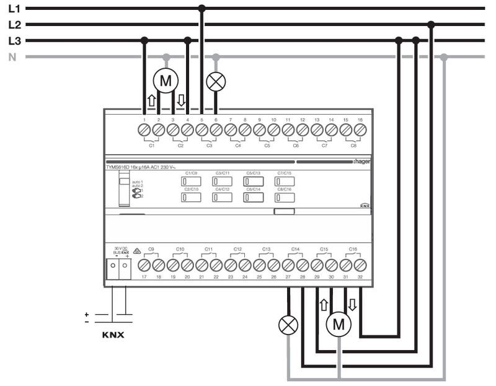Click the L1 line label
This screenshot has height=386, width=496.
(14, 9)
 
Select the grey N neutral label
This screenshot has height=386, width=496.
(12, 58)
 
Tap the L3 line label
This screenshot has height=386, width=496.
(14, 42)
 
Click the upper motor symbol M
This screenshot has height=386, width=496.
(166, 80)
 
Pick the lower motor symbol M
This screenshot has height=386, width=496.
(338, 323)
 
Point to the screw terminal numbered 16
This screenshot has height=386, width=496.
(360, 130)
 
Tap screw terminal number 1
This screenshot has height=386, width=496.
(144, 130)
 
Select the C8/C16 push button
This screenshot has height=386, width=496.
(285, 198)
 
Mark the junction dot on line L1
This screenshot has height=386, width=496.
(201, 9)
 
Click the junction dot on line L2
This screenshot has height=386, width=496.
(432, 25)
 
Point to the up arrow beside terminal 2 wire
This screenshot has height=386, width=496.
(151, 100)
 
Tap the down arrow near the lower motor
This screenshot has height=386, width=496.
(353, 305)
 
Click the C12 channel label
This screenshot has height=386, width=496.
(237, 249)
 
